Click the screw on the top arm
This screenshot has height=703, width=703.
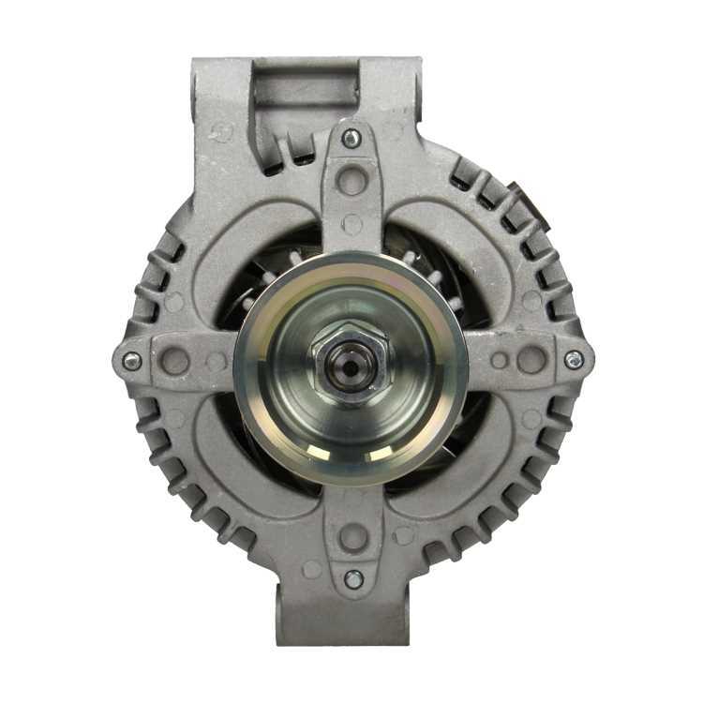[351, 139]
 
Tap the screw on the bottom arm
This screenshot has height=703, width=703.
[353, 579]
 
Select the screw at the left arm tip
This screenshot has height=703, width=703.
[132, 361]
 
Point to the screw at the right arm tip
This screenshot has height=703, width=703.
[574, 359]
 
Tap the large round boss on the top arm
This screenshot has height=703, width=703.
[351, 178]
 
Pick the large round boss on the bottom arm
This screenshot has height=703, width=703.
[353, 537]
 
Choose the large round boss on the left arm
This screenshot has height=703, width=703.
[174, 361]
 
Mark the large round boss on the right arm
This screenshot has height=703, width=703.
[531, 359]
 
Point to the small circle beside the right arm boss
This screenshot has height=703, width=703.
[500, 360]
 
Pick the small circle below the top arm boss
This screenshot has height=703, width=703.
[352, 223]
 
